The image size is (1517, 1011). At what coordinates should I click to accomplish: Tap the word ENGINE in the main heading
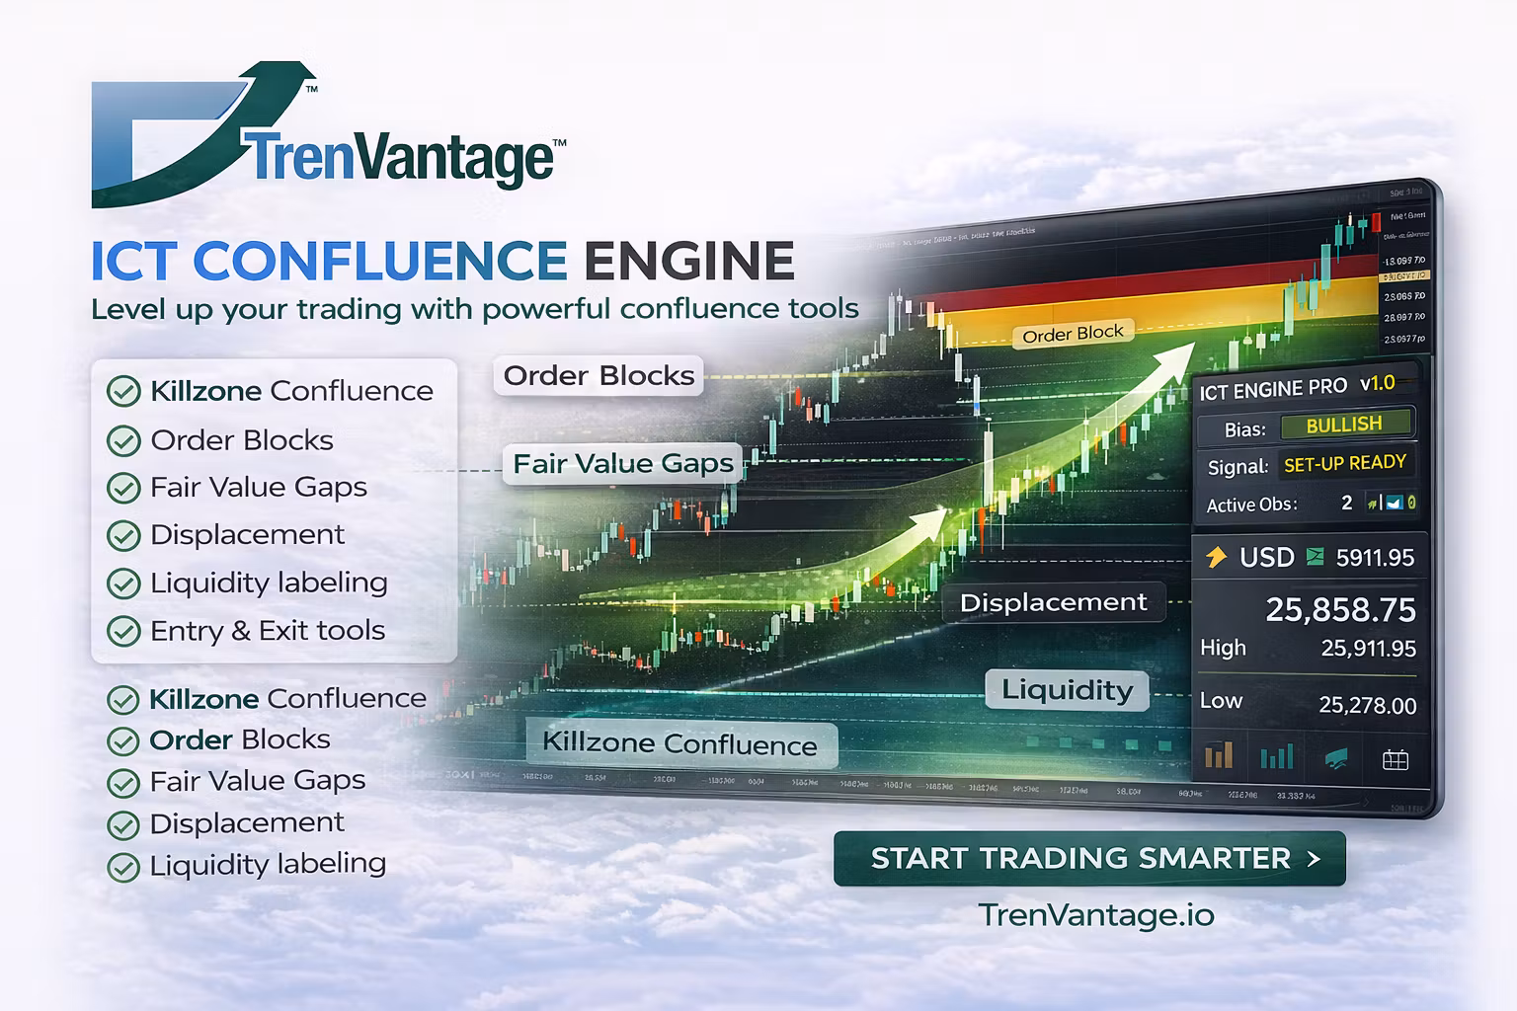point(688,261)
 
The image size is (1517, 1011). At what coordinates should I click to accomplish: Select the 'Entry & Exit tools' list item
point(267,630)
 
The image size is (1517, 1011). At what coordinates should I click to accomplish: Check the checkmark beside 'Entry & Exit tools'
point(123,631)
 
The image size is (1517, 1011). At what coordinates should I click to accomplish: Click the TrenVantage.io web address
point(1096,915)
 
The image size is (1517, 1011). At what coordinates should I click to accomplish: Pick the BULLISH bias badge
point(1344,425)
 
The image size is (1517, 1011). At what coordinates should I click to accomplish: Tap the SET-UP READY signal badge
point(1344,463)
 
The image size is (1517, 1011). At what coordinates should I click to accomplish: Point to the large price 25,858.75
point(1340,610)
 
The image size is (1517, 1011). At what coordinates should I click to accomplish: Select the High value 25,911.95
point(1368,649)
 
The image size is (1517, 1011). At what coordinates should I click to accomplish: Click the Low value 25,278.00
point(1367,705)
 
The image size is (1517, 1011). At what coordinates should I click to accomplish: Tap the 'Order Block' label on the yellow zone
point(1073,335)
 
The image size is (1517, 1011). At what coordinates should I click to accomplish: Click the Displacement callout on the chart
point(1053,602)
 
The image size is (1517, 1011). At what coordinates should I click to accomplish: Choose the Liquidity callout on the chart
point(1067,689)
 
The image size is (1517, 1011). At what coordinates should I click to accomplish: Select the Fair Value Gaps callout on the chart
point(623,463)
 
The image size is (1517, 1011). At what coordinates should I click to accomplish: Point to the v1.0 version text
point(1377,383)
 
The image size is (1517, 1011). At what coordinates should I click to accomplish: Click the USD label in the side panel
point(1266,558)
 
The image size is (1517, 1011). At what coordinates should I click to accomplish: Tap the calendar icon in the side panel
point(1395,759)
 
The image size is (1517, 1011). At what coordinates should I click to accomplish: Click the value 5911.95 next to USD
point(1375,558)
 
